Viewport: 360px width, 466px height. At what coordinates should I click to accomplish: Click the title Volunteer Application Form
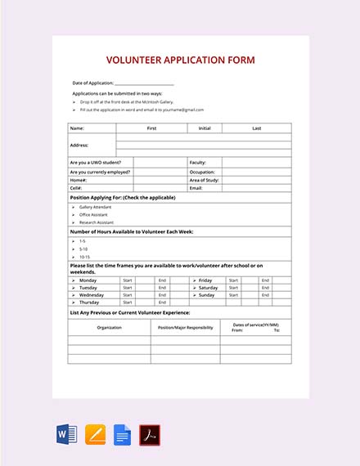click(x=180, y=60)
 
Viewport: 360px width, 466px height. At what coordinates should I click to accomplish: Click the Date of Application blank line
click(x=144, y=84)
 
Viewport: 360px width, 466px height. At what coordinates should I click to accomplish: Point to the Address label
click(x=79, y=145)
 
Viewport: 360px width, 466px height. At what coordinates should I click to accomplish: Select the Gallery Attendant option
click(x=96, y=207)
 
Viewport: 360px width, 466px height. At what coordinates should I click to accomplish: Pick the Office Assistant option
click(x=95, y=214)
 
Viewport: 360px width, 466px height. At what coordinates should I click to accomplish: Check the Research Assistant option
click(x=97, y=222)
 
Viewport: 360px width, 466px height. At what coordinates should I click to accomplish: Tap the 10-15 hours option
click(x=84, y=257)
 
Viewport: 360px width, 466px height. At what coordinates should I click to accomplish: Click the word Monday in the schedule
click(x=88, y=280)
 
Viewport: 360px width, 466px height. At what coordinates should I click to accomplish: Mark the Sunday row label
click(x=208, y=294)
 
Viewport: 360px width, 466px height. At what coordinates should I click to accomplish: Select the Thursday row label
click(x=89, y=302)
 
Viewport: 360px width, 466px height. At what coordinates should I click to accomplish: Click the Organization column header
click(x=109, y=327)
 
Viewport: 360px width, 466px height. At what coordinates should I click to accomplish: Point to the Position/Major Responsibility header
click(x=185, y=327)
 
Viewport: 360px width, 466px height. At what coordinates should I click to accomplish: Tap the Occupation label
click(x=202, y=172)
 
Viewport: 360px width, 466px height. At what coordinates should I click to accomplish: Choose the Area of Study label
click(x=205, y=180)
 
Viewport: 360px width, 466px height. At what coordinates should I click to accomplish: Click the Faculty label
click(x=198, y=163)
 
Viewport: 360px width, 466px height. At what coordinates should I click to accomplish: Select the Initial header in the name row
click(x=205, y=128)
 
